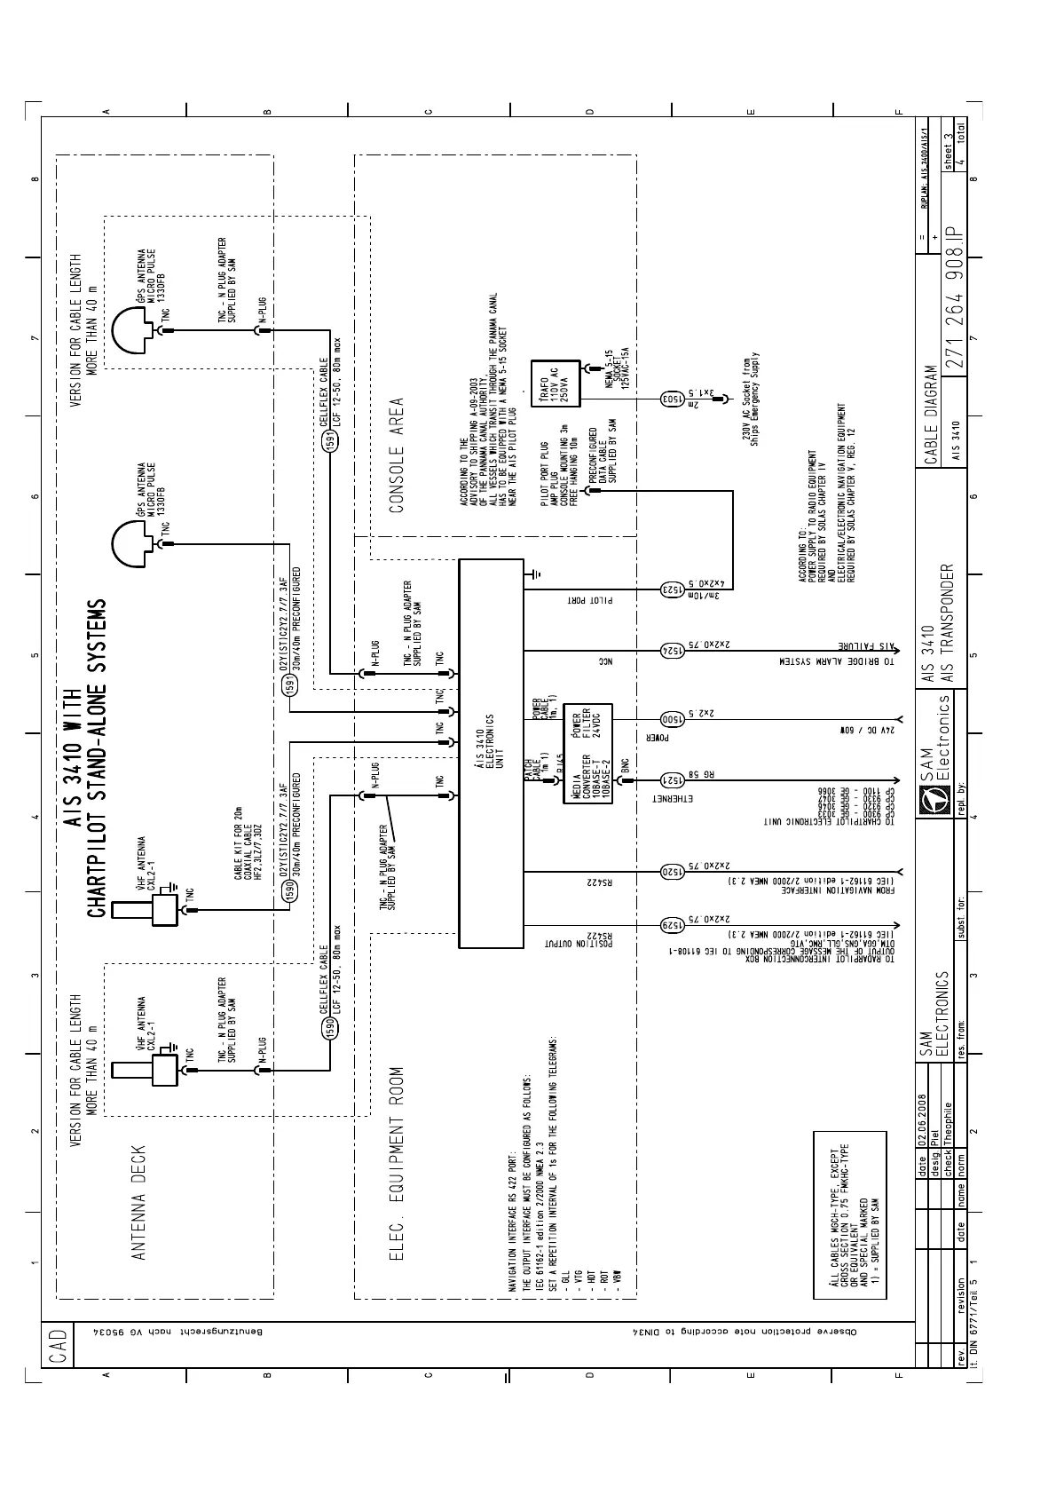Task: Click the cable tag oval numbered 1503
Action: (x=672, y=399)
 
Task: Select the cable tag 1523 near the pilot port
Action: (x=672, y=589)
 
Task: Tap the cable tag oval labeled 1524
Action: (x=672, y=651)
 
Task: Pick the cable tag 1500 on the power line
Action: (x=672, y=720)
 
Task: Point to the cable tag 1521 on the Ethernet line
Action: (x=672, y=780)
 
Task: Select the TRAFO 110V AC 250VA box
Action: (x=554, y=384)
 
